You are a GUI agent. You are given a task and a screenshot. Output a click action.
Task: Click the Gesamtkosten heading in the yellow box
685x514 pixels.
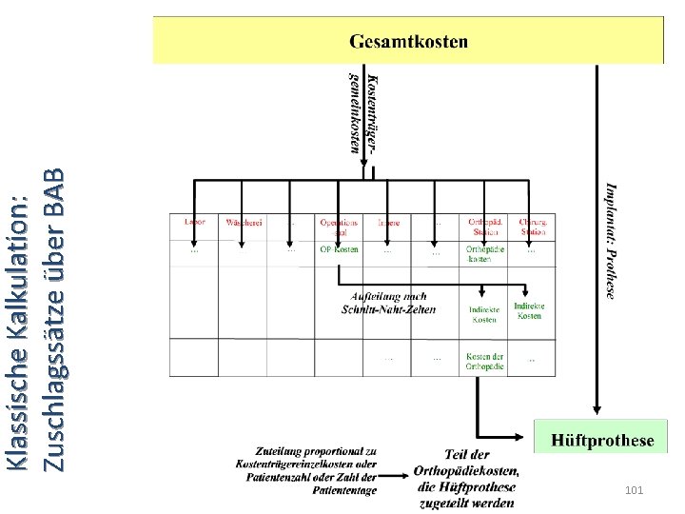point(408,41)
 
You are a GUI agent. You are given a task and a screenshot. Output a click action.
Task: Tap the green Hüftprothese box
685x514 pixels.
point(602,440)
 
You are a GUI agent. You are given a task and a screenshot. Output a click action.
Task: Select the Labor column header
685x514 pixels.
point(194,222)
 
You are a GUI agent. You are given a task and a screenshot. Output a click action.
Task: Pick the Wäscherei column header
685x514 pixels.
point(244,223)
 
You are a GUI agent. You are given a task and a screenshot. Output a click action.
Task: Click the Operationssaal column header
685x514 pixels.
point(339,227)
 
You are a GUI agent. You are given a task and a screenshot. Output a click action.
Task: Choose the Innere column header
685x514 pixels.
point(388,223)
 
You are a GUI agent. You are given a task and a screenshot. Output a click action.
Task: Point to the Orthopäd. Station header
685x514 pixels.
point(484,227)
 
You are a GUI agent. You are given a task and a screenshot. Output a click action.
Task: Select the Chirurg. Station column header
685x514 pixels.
point(533,227)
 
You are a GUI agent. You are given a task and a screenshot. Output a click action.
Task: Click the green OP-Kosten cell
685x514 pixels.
point(339,249)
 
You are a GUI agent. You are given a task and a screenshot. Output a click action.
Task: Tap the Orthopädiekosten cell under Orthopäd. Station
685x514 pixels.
point(484,253)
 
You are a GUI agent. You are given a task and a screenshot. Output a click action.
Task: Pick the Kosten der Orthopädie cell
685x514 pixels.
point(484,361)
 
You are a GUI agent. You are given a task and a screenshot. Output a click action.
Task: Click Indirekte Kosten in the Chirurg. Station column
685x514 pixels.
point(529,310)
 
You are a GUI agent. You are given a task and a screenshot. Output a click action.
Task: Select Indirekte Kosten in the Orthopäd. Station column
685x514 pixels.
point(484,314)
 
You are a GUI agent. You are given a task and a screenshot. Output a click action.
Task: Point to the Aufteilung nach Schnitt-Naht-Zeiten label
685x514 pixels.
point(388,303)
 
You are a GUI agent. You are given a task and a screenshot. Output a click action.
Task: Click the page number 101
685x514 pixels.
point(635,489)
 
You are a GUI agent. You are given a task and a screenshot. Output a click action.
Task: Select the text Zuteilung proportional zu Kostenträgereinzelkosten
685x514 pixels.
point(303,456)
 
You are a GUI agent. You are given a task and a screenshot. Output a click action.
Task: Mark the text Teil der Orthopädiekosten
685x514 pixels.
point(466,463)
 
